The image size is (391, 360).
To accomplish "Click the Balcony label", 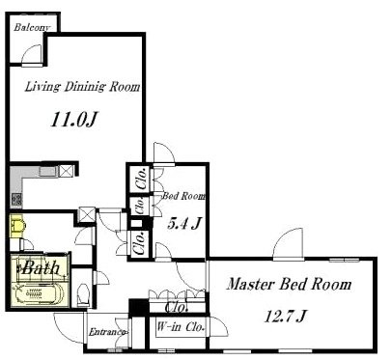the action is click(32, 27).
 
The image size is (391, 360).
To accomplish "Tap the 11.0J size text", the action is click(74, 120).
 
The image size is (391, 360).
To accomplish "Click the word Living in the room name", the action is click(42, 87).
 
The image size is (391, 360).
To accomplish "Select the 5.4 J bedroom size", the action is click(184, 223).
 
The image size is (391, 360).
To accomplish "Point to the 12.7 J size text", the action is click(285, 316).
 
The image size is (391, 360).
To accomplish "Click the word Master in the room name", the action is click(251, 285).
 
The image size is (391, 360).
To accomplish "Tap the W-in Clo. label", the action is click(181, 327).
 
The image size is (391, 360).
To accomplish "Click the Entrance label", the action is click(107, 332).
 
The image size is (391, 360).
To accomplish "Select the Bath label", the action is click(42, 267).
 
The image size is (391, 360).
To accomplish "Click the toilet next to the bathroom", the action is click(84, 293).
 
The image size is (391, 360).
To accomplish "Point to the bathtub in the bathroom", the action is click(38, 293).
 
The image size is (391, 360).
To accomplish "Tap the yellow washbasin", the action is click(16, 226).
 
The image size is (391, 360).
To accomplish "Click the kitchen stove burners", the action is click(16, 200).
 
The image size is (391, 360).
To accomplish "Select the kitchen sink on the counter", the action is click(48, 171).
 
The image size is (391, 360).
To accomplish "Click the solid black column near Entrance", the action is click(139, 307).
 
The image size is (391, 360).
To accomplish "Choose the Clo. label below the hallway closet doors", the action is click(176, 308).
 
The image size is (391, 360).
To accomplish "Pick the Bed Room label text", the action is click(183, 196).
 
